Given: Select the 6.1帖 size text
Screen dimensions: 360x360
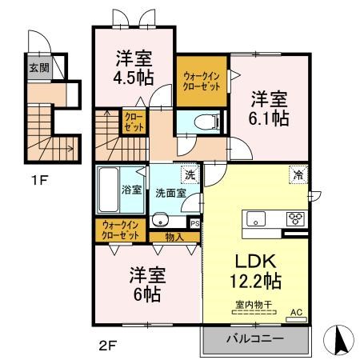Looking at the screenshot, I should click(x=268, y=116).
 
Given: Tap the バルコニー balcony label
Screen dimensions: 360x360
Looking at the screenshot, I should click(x=256, y=339).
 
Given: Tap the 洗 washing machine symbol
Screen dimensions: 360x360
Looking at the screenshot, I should click(x=190, y=175).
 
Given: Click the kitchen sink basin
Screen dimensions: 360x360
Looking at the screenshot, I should click(x=258, y=218).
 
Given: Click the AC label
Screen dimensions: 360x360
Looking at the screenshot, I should click(x=295, y=313).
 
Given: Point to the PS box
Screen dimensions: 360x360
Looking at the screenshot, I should click(x=194, y=224).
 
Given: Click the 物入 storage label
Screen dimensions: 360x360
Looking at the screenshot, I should click(x=174, y=236).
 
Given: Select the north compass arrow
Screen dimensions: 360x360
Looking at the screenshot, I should click(x=338, y=340).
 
